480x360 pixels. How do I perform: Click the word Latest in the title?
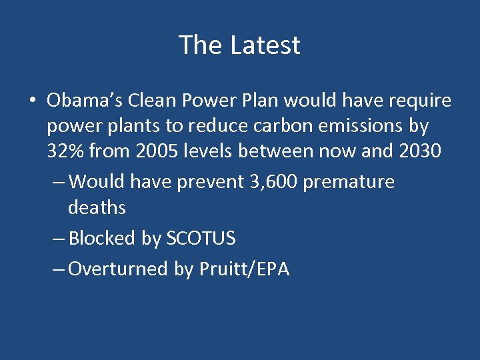click(x=265, y=45)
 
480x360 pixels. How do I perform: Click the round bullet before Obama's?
click(x=31, y=101)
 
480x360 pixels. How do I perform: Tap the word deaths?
click(x=97, y=207)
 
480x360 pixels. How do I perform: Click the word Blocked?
click(x=103, y=238)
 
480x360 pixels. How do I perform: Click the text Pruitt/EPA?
click(x=244, y=269)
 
